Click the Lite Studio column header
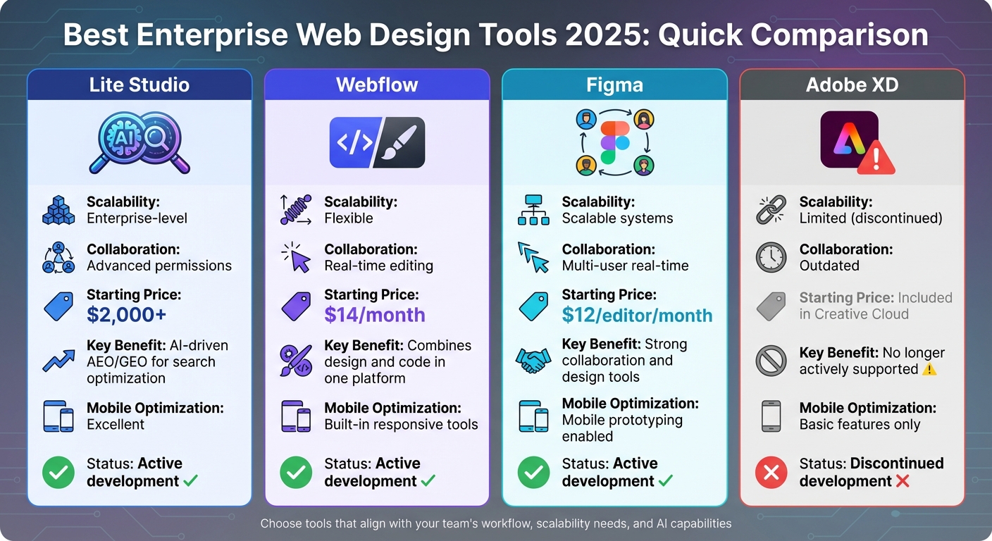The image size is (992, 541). pos(139,85)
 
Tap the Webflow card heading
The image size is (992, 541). pos(377,85)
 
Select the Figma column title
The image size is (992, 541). pos(614,85)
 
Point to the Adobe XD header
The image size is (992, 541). pos(852,85)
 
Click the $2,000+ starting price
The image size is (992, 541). pos(127,315)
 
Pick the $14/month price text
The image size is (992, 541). pos(375,315)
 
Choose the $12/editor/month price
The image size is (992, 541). pos(637,315)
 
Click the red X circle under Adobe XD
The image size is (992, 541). pos(771,473)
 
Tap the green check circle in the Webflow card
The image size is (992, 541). pos(296,473)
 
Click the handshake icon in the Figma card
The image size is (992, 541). pos(533,361)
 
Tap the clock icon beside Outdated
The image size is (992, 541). pos(771,258)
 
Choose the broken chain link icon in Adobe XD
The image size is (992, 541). pos(771,210)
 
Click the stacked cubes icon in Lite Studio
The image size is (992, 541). pos(58,210)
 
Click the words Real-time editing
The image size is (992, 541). pos(378,266)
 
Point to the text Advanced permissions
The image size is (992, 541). pos(159,266)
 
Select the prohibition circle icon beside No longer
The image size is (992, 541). pos(771,361)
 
